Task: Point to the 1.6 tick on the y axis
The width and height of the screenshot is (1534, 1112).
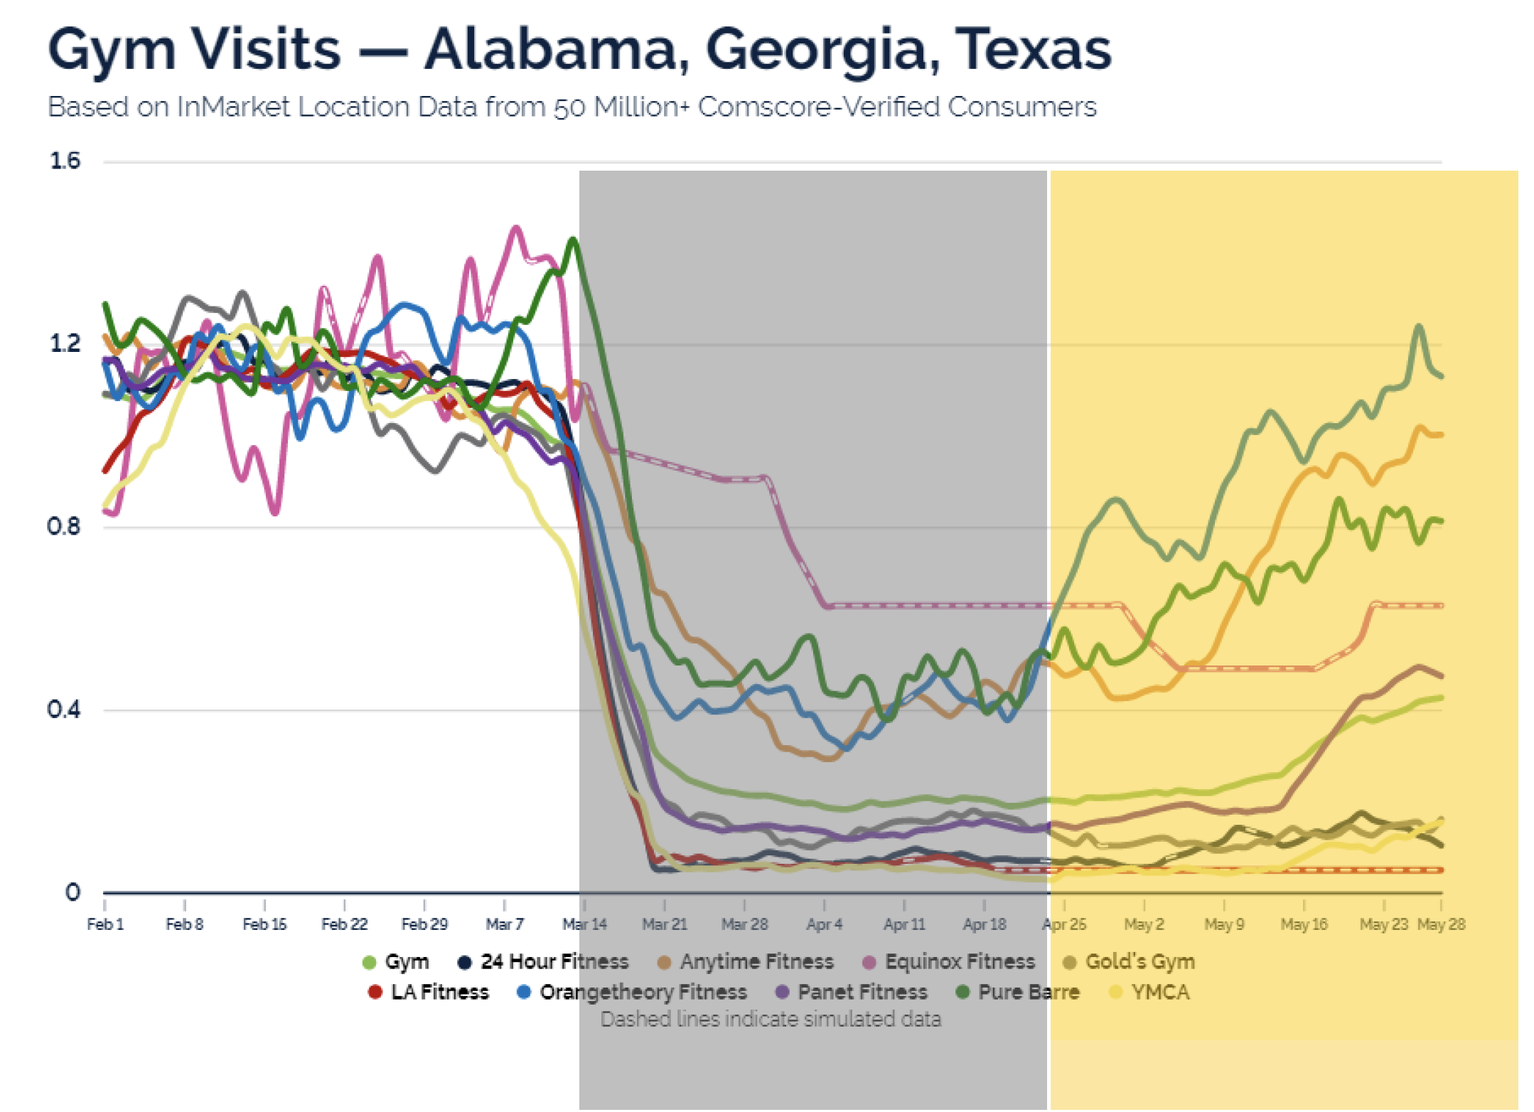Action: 65,161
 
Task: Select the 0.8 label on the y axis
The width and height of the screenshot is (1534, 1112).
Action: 63,527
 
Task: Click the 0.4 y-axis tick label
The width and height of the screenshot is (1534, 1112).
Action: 63,709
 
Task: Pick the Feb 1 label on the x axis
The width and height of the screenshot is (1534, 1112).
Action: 105,924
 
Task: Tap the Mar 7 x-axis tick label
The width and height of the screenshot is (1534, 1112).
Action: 505,924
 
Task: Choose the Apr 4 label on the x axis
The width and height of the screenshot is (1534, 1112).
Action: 825,924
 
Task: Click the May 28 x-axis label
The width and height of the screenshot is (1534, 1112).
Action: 1441,924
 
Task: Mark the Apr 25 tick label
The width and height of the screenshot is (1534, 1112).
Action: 1064,924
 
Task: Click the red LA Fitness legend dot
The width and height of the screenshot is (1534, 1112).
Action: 375,993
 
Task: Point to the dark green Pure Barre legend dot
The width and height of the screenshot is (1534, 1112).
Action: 963,993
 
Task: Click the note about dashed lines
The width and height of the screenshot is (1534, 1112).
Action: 771,1020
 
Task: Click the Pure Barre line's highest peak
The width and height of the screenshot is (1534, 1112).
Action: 573,240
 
